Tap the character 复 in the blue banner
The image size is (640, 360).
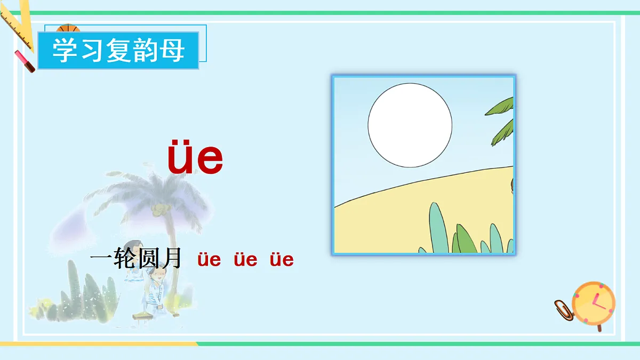(x=119, y=51)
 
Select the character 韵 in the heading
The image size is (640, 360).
(x=146, y=51)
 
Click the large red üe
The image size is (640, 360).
(x=195, y=158)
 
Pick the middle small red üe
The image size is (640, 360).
(x=245, y=260)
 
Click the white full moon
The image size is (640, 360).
(x=410, y=124)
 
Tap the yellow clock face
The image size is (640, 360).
(x=593, y=302)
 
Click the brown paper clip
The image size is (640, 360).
(x=563, y=309)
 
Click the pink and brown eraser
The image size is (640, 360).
(x=25, y=60)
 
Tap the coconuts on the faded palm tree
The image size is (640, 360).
(x=157, y=210)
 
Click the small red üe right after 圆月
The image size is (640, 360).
(x=209, y=260)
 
